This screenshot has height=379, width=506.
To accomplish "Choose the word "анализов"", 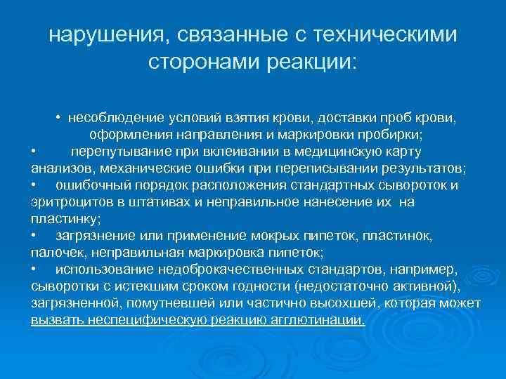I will click(x=62, y=168).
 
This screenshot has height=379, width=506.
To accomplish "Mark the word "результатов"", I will click(x=424, y=168).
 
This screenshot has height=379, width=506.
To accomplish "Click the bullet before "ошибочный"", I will click(x=34, y=185).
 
